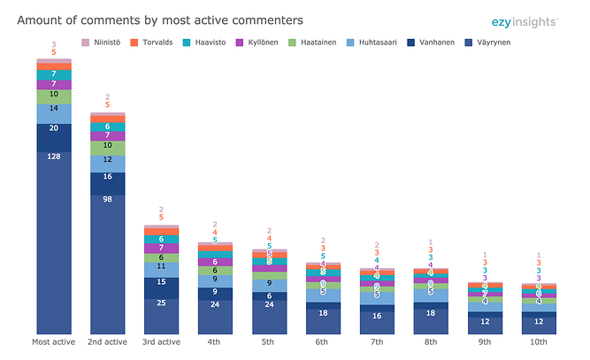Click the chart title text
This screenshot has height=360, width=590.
pos(160,19)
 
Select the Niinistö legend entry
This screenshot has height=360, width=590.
pos(104,42)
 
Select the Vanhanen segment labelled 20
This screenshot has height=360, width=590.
pos(54,128)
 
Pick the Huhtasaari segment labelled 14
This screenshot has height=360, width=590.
pos(54,108)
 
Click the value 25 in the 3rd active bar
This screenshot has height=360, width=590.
pos(162,303)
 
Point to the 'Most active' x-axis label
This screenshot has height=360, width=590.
pos(54,341)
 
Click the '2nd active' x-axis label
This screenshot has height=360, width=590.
pos(108,341)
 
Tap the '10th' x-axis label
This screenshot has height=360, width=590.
pos(539,341)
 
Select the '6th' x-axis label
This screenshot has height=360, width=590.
pos(324,341)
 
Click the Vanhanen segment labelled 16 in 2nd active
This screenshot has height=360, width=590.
pos(108,177)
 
